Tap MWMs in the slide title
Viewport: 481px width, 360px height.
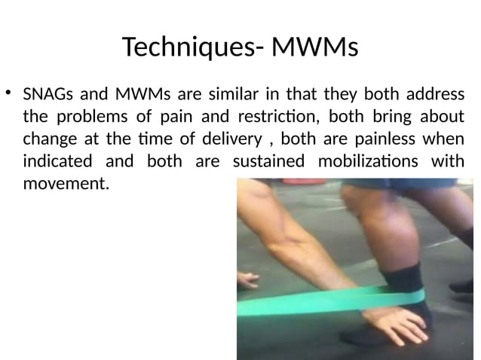(x=314, y=48)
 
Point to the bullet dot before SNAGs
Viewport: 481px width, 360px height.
(x=9, y=93)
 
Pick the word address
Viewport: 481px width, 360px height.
(x=434, y=96)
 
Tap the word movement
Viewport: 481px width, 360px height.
(x=65, y=184)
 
